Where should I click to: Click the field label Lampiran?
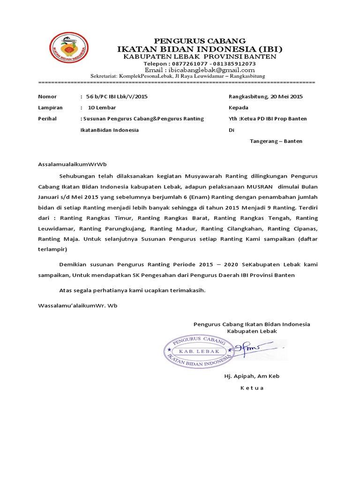[x=48, y=108]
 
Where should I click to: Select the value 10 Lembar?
[x=102, y=108]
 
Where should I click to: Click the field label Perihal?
[x=47, y=119]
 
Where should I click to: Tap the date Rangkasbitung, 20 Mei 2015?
[x=265, y=97]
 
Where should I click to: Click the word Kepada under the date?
[x=238, y=108]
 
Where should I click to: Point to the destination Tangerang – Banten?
[x=276, y=141]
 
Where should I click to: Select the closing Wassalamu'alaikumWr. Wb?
[x=77, y=305]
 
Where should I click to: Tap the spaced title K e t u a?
[x=252, y=388]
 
